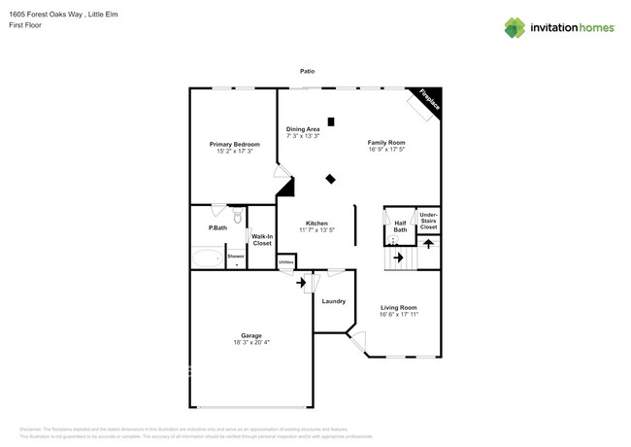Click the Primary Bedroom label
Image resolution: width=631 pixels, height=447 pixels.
(235, 145)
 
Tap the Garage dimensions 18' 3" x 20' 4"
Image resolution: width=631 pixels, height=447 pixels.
(251, 342)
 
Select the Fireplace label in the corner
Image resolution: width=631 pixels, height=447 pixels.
(428, 100)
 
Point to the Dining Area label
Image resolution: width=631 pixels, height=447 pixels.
(303, 129)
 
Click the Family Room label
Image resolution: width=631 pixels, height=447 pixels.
(385, 143)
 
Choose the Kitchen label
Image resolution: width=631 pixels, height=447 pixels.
(316, 223)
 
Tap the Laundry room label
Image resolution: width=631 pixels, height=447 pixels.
(333, 301)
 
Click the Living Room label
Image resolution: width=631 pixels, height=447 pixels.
(398, 308)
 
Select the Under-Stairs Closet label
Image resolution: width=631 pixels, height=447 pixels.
(428, 221)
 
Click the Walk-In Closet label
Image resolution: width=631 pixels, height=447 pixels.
(262, 239)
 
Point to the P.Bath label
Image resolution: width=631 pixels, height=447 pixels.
(217, 228)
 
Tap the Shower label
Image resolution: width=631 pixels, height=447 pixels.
(237, 256)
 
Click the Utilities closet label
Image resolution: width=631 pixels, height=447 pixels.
(285, 261)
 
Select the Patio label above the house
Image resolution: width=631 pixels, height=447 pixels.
(307, 71)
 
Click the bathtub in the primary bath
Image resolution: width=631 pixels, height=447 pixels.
(207, 258)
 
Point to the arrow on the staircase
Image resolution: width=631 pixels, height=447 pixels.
(397, 258)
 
